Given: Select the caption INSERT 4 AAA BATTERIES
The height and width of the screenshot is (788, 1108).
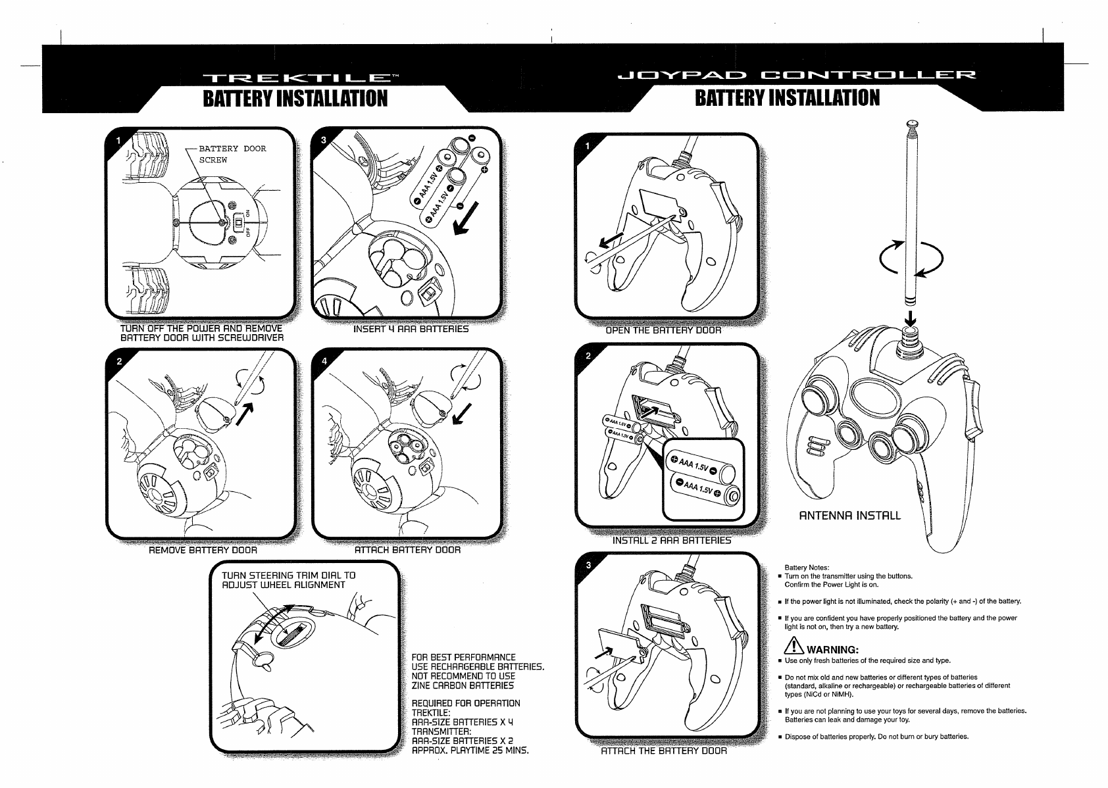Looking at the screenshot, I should click(411, 329).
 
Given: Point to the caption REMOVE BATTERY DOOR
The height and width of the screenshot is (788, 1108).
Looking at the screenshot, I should click(203, 549).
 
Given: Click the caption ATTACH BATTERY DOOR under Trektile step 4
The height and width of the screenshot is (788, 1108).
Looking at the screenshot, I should click(407, 549).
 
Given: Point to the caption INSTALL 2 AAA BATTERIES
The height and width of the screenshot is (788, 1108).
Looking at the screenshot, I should click(672, 541).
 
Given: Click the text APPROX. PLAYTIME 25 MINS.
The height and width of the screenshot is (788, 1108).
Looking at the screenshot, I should click(470, 750).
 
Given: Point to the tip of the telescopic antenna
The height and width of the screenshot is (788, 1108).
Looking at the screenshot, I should click(911, 123).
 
